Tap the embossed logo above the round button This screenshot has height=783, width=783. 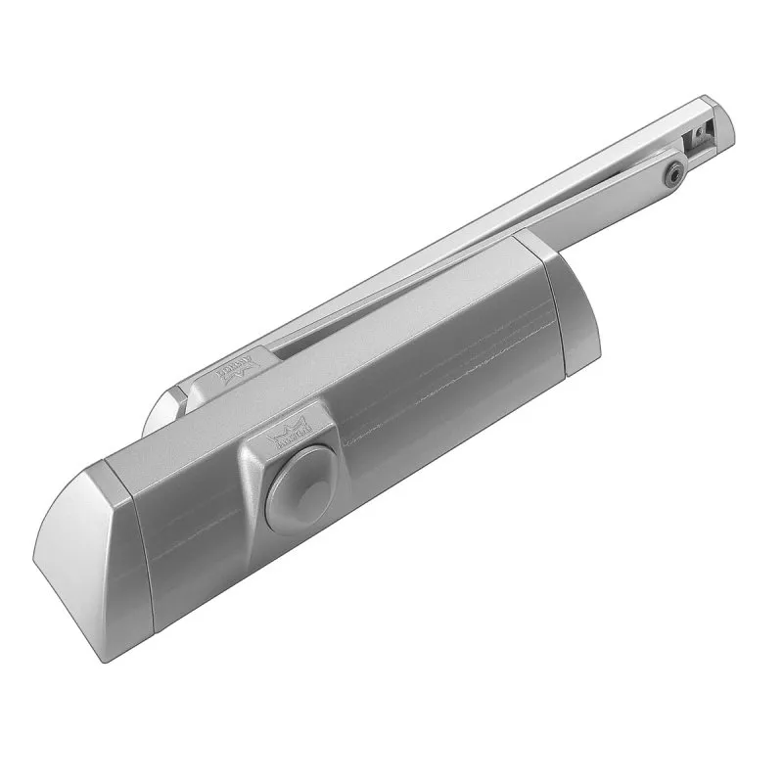pyautogui.click(x=292, y=428)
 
